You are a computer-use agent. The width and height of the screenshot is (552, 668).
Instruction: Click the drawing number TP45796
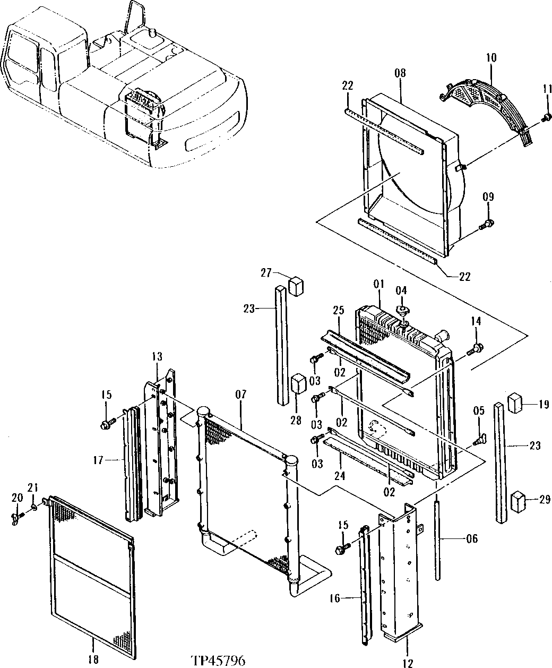pyautogui.click(x=218, y=660)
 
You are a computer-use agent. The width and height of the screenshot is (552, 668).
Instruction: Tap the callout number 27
pyautogui.click(x=266, y=273)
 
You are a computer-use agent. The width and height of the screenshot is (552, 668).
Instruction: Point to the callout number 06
pyautogui.click(x=471, y=539)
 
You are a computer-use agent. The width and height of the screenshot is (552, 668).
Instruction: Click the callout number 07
pyautogui.click(x=241, y=395)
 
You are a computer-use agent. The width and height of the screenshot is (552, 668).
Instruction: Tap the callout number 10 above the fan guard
pyautogui.click(x=491, y=57)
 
